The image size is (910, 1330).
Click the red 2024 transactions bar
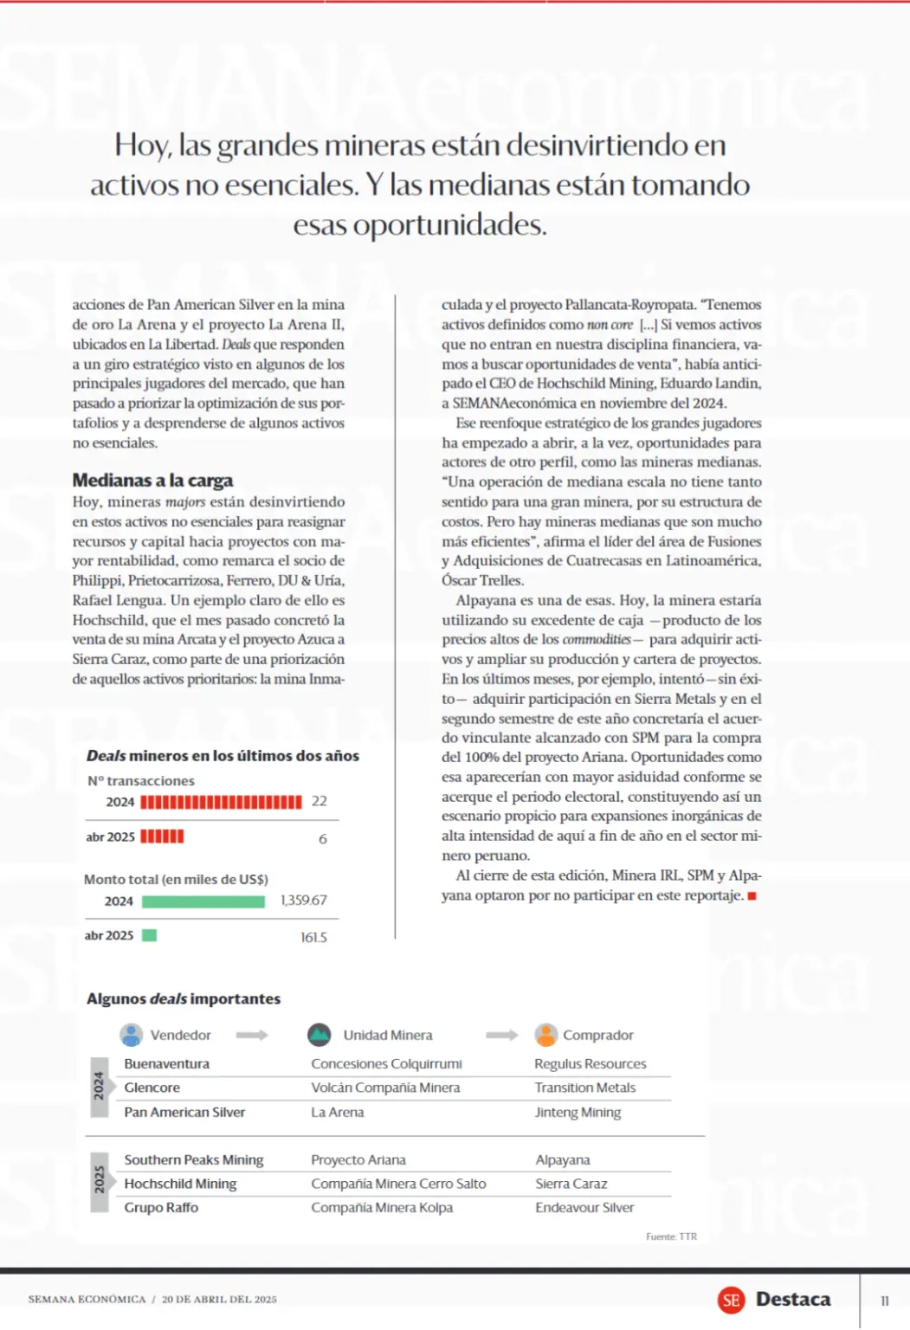tap(221, 802)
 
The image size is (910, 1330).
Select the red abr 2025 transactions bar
tap(162, 836)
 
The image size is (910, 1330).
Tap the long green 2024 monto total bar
tap(203, 901)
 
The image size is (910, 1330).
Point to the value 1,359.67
tap(303, 901)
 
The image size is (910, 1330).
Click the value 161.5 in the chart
tap(313, 937)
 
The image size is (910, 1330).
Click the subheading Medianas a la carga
tap(152, 481)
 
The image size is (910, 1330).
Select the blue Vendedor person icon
tap(132, 1035)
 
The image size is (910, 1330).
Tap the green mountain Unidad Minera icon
tap(319, 1035)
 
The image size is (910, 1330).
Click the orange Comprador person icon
tap(545, 1035)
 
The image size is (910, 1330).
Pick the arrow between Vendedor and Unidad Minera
tap(252, 1035)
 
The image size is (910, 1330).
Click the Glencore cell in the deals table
tap(152, 1088)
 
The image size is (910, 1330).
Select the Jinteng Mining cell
tap(578, 1112)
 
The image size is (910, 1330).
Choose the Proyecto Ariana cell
tap(358, 1159)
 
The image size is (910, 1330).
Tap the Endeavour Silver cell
tap(584, 1207)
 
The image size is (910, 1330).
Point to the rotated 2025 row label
tap(100, 1178)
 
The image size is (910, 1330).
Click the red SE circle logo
tap(732, 1300)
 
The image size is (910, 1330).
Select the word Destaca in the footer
tap(793, 1300)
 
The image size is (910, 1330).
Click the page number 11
tap(884, 1301)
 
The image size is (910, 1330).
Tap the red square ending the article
tap(752, 896)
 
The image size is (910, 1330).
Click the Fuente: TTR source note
tap(671, 1236)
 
